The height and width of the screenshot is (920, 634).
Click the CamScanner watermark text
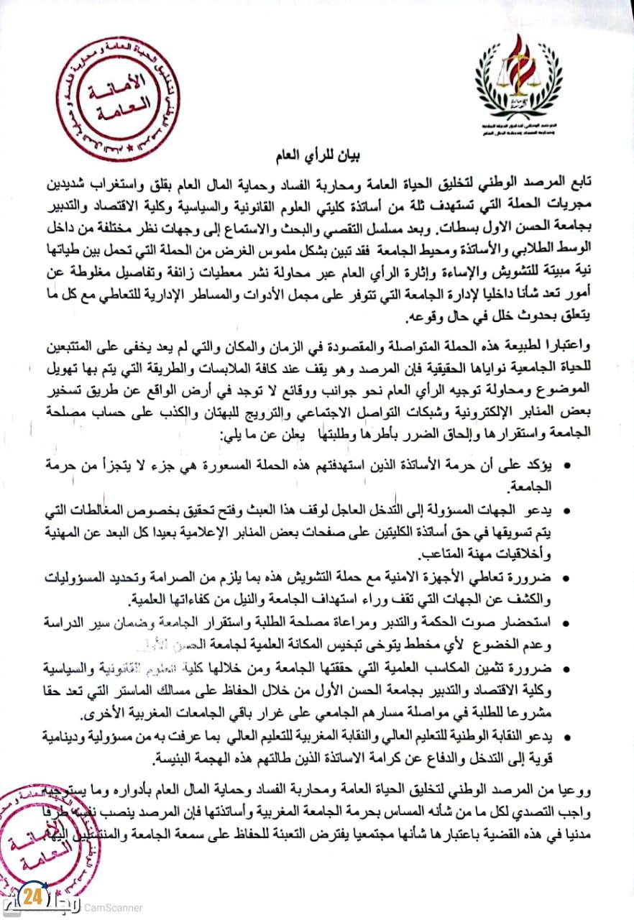(x=113, y=908)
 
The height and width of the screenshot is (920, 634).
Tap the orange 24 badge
(x=30, y=898)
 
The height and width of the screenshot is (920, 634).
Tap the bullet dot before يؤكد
(x=568, y=466)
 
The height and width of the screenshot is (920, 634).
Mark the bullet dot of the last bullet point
(x=568, y=737)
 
